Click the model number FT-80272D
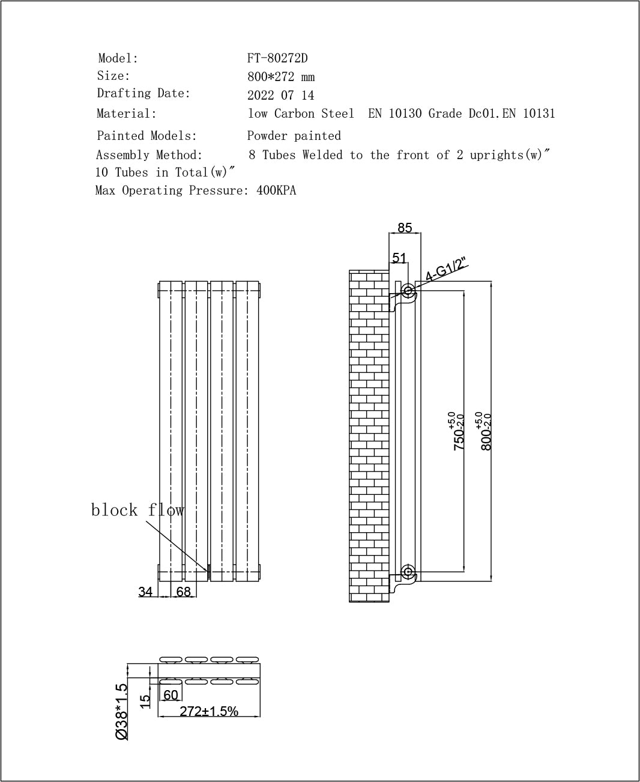(x=277, y=58)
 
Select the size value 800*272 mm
(x=281, y=77)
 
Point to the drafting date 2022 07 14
(x=280, y=95)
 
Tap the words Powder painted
(x=294, y=136)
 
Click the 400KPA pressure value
(x=276, y=190)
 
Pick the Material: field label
(x=127, y=114)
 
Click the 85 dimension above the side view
(x=405, y=228)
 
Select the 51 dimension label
(x=399, y=258)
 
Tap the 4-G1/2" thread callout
(x=446, y=269)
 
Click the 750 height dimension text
(x=458, y=431)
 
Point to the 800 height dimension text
(x=486, y=431)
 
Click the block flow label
(x=137, y=510)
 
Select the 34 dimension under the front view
(x=145, y=592)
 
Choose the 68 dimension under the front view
(x=183, y=592)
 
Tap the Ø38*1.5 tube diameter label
(x=122, y=711)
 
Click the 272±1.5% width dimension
(x=209, y=711)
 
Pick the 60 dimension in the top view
(x=171, y=695)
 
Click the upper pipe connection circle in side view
(x=408, y=291)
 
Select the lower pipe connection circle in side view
(x=408, y=571)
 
